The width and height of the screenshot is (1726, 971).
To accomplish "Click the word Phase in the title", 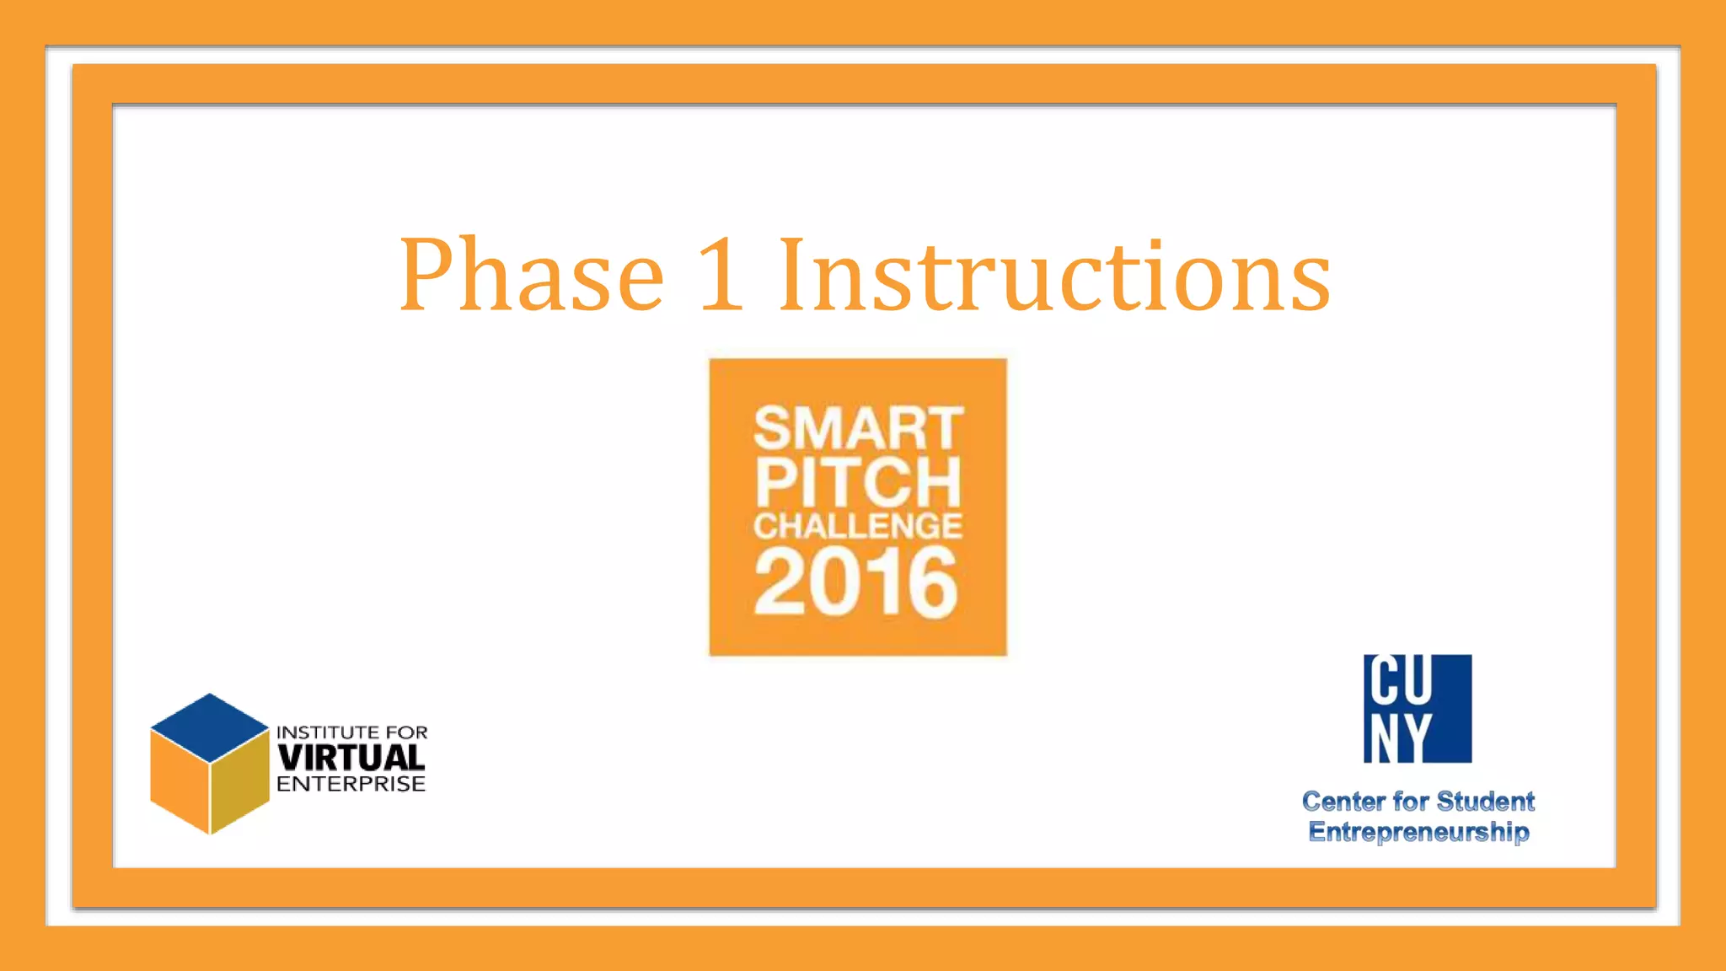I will (531, 275).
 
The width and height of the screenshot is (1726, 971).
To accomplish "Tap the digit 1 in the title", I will (721, 275).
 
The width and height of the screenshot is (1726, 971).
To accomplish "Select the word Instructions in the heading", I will (1053, 275).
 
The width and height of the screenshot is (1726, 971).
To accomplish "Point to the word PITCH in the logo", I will (858, 481).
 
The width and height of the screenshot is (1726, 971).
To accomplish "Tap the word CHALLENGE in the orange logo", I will (858, 526).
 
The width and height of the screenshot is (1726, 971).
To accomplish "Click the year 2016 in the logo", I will (856, 582).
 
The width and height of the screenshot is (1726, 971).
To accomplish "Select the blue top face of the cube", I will (209, 727).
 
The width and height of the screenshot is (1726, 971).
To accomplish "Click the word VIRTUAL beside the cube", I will (351, 758).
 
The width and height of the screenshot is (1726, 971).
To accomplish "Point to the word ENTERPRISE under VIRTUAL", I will (351, 785).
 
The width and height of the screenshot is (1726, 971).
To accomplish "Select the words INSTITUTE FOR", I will (351, 732).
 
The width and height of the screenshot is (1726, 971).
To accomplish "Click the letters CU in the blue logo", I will (1400, 681).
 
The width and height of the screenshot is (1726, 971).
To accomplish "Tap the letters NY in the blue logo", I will (1400, 738).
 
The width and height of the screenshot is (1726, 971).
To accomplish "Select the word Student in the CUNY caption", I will (1485, 802).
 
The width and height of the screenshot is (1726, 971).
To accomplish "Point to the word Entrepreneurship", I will (1418, 832).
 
